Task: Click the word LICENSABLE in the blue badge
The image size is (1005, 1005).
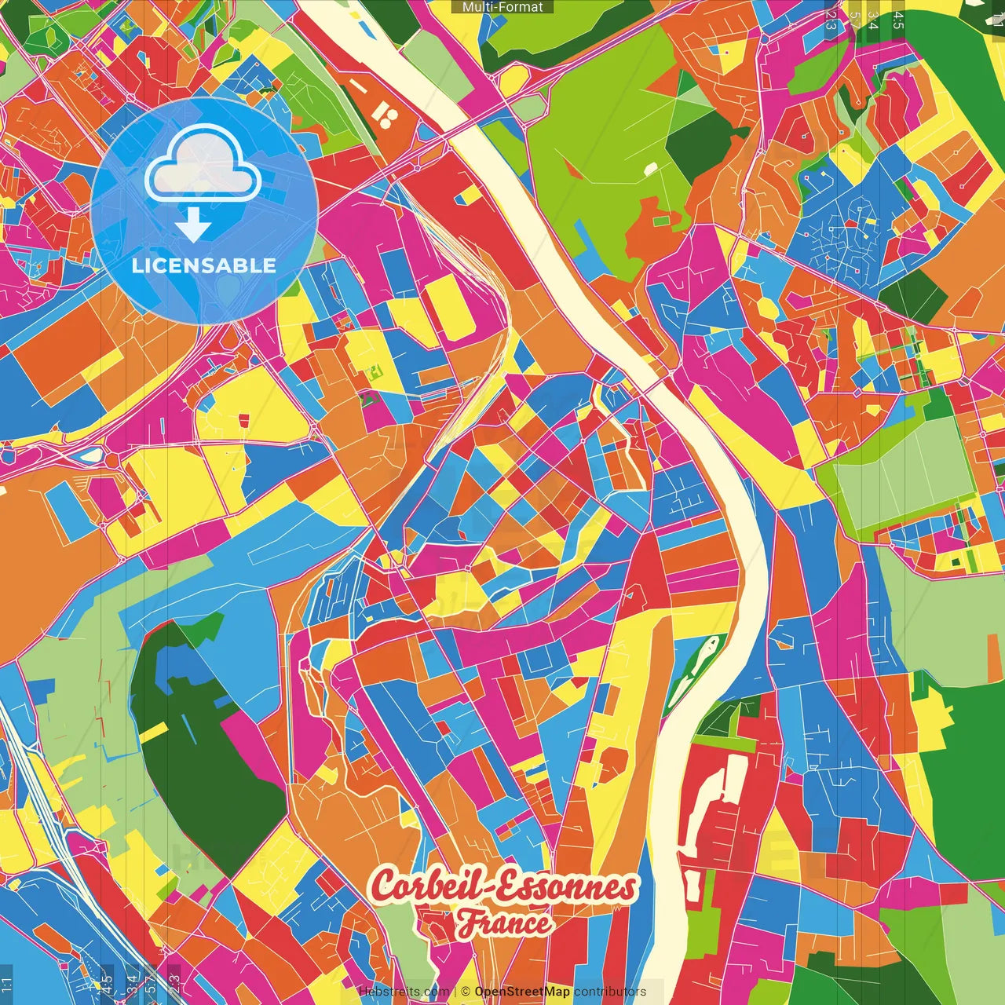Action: coord(204,265)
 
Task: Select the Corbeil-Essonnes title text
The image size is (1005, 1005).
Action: coord(503,886)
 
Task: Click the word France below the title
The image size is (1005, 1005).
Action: coord(504,923)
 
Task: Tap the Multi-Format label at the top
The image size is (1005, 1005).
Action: coord(502,7)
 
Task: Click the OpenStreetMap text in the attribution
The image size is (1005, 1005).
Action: coord(521,992)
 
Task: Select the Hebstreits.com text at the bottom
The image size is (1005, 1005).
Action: coord(404,992)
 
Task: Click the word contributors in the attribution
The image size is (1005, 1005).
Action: coord(610,992)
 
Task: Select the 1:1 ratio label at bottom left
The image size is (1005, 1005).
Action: coord(6,985)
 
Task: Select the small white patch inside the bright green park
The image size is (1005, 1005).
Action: coord(651,167)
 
